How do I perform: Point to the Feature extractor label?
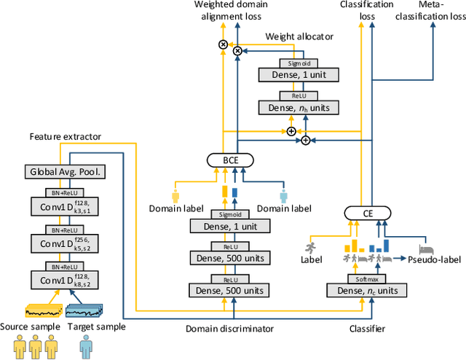click(65, 136)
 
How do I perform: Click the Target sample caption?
click(96, 326)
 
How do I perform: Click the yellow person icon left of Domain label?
click(175, 197)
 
